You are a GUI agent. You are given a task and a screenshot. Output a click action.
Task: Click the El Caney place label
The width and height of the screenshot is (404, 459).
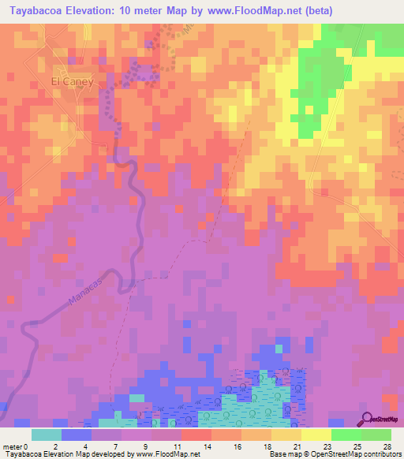click(73, 81)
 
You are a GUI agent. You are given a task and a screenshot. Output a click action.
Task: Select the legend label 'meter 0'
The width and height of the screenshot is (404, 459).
click(16, 446)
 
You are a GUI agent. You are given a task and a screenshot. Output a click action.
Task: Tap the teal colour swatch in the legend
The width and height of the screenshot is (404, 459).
click(46, 435)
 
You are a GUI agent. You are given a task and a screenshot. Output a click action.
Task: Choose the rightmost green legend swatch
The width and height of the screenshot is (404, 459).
click(376, 435)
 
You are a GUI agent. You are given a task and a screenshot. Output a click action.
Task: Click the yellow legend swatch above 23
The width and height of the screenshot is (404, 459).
click(316, 435)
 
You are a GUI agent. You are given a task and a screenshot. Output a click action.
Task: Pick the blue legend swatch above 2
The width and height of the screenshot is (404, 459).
click(76, 435)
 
